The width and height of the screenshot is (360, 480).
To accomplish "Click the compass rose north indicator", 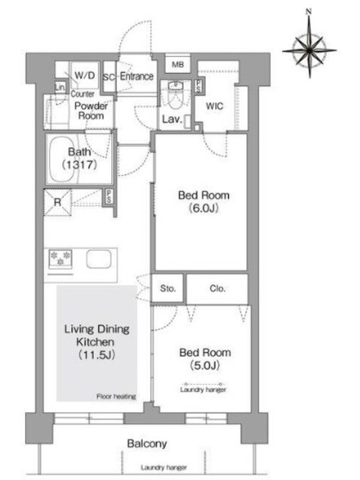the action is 309,12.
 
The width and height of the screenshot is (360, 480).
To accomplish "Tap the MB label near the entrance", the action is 178,65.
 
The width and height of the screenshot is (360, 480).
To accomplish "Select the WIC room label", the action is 214,106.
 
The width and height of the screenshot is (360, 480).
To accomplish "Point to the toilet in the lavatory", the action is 175,95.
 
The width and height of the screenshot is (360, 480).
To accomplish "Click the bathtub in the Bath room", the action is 63,159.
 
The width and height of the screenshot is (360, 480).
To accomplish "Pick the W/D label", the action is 85,76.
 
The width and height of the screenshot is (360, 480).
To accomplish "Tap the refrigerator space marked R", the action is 58,202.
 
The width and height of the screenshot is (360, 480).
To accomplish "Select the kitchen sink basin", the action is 98,259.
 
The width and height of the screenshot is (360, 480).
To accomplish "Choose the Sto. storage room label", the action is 168,289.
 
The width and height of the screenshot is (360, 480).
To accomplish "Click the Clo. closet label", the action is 218,289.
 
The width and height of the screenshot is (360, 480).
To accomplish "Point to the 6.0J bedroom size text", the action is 203,208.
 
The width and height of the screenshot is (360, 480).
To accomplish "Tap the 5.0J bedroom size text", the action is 205,365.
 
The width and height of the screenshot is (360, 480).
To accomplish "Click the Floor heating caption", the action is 116,397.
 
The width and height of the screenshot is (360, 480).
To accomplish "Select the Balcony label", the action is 147,443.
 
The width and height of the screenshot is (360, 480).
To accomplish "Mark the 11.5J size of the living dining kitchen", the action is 97,355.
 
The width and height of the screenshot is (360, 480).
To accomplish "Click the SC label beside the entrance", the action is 109,77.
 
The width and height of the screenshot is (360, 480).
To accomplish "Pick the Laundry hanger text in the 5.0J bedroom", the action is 203,389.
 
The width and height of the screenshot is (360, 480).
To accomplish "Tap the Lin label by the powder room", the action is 60,87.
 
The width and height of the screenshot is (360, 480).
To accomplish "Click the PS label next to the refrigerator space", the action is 109,196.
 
